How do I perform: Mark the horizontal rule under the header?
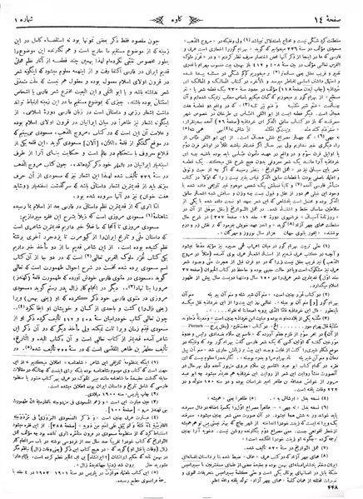[181, 22]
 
